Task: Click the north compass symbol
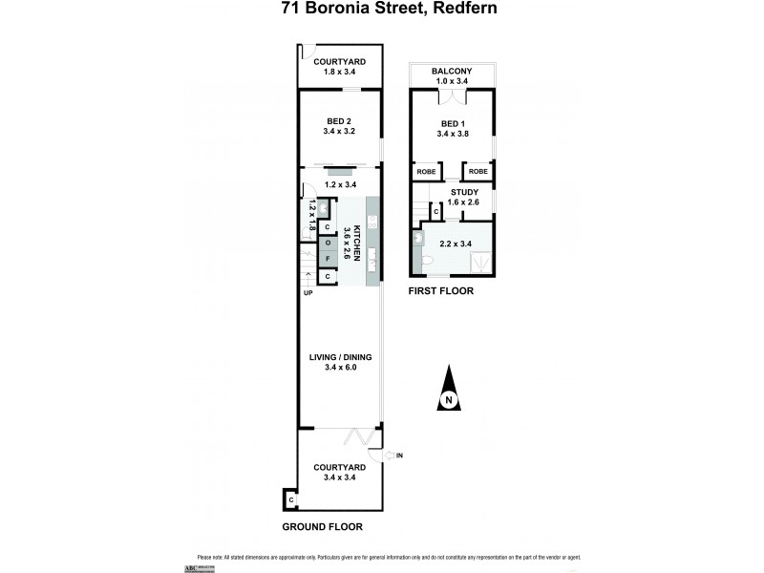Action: tap(447, 393)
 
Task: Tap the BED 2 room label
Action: tap(340, 120)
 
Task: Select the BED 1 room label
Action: tap(451, 124)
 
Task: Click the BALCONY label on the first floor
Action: tap(451, 71)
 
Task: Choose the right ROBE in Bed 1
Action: tap(477, 172)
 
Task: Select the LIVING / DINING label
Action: tap(340, 358)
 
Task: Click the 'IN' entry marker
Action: tap(400, 456)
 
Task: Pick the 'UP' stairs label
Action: tap(308, 293)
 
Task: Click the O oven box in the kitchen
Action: tap(327, 243)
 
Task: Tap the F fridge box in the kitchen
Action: tap(327, 259)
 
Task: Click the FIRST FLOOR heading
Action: tap(440, 291)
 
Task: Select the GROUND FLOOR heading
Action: tap(323, 526)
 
